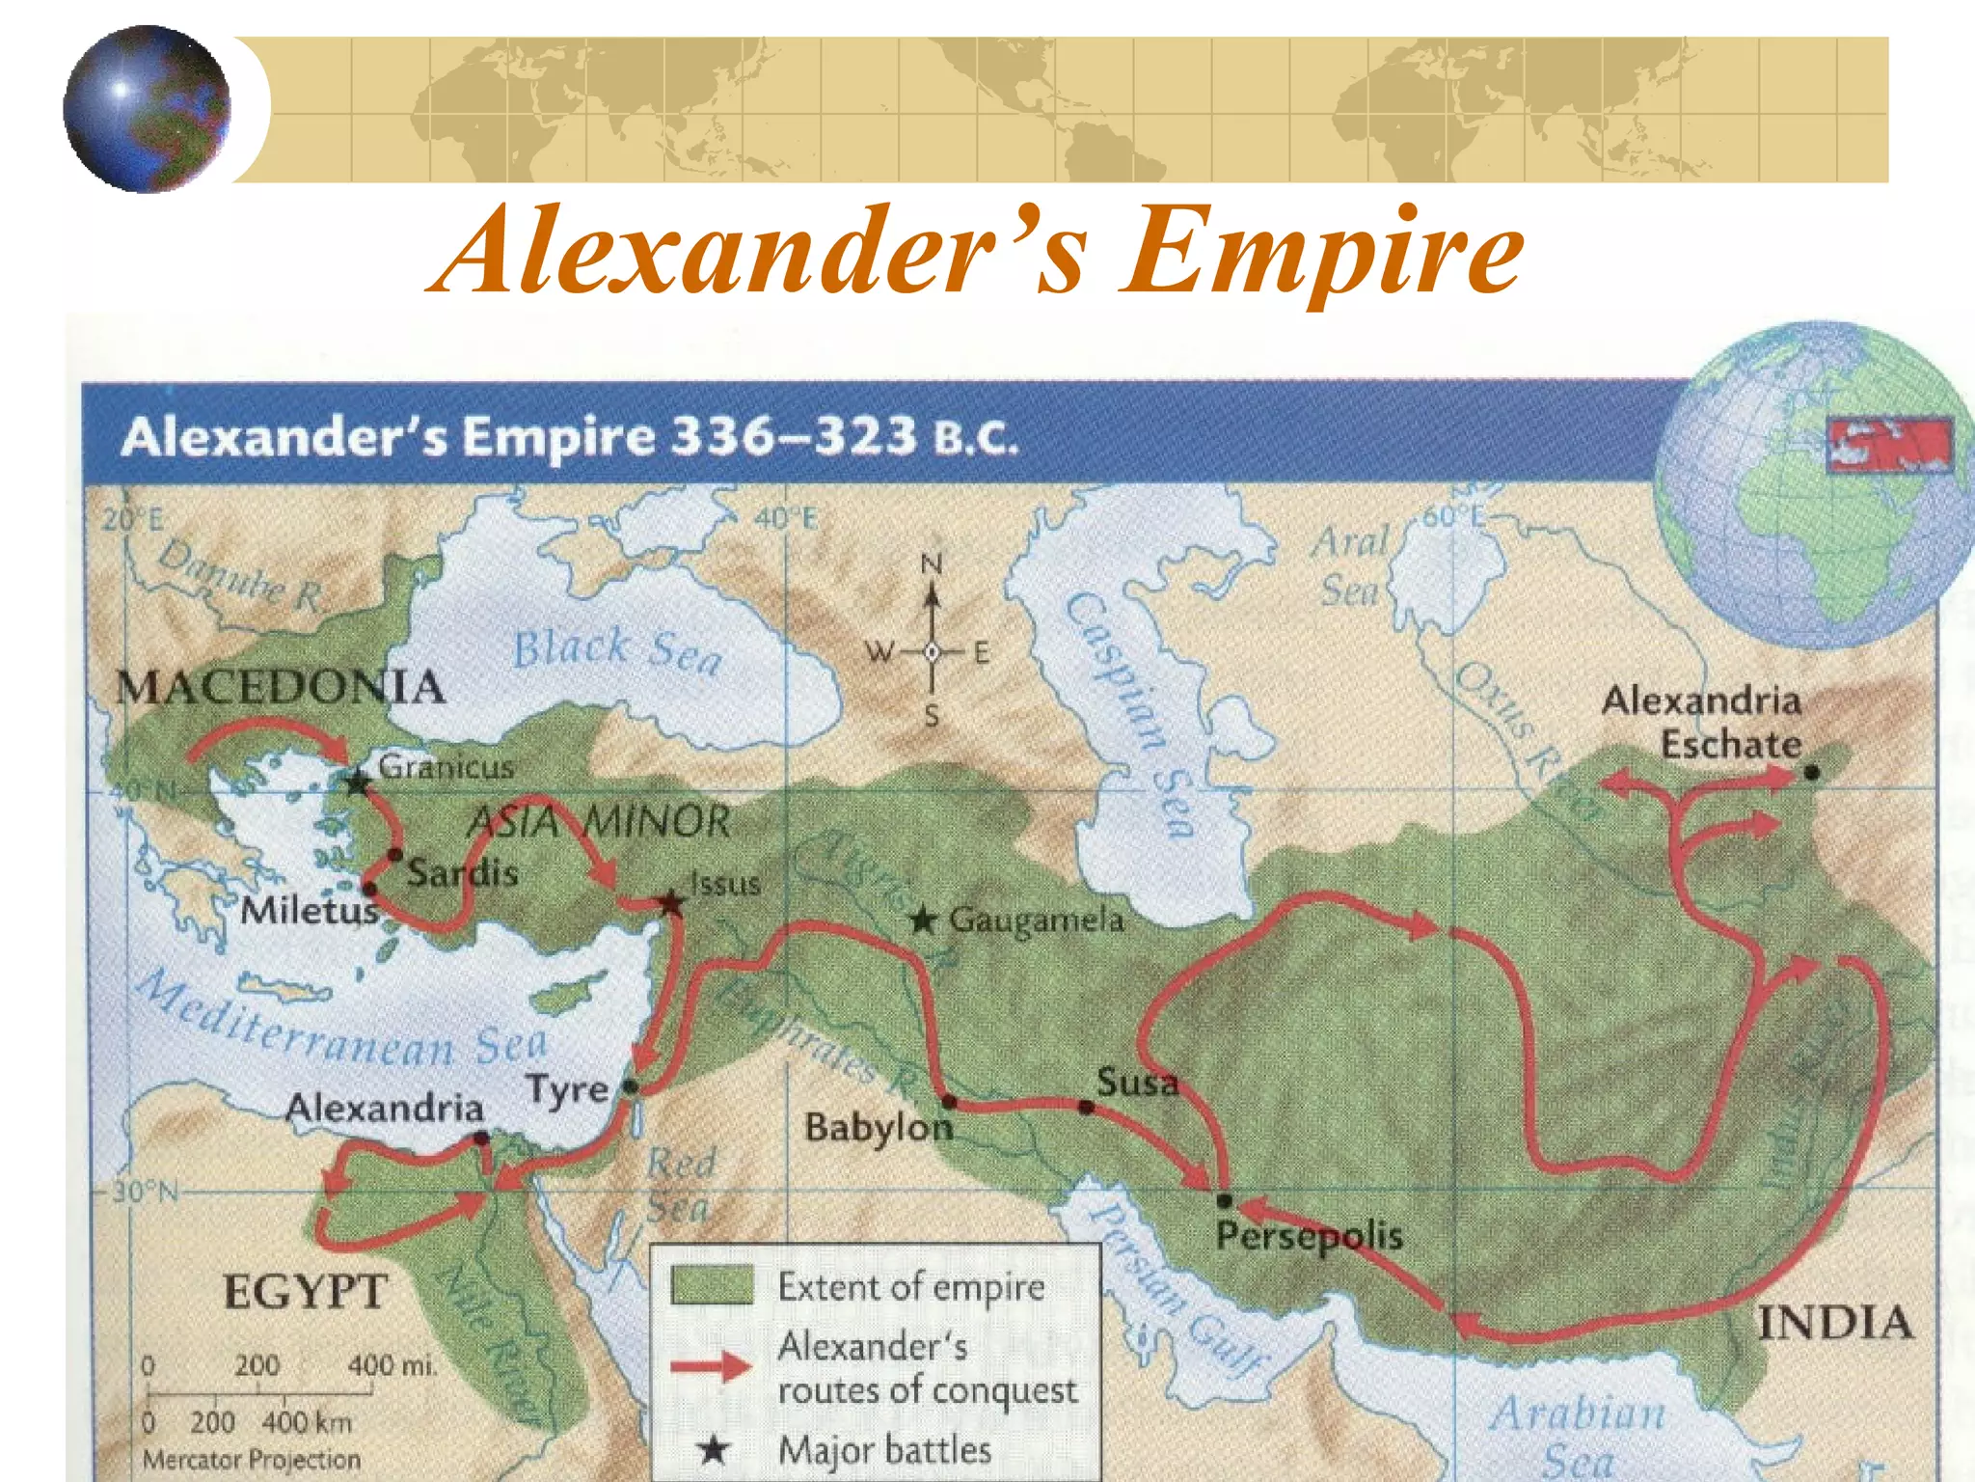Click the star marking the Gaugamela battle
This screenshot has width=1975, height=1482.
pos(923,920)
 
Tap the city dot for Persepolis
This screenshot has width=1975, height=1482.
pos(1225,1200)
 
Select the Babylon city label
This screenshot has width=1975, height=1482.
pos(879,1127)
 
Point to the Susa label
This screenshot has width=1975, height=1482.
pos(1138,1083)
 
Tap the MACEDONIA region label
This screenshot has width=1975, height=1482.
pos(281,688)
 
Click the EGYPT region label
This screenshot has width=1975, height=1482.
pos(306,1291)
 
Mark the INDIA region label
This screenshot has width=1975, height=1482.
pos(1835,1322)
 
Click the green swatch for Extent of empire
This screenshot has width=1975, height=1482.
pos(712,1286)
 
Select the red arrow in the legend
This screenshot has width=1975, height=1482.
pos(712,1366)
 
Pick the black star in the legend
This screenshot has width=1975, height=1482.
pos(713,1449)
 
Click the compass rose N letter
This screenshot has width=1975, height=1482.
pos(931,563)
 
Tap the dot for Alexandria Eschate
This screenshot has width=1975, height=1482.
pos(1811,772)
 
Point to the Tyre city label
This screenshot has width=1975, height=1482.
pos(568,1090)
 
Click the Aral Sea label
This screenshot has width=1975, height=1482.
pos(1350,565)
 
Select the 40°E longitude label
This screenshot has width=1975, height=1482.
pos(785,519)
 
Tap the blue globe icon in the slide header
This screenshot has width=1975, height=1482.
pos(148,109)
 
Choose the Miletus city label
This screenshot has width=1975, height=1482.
pos(309,910)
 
